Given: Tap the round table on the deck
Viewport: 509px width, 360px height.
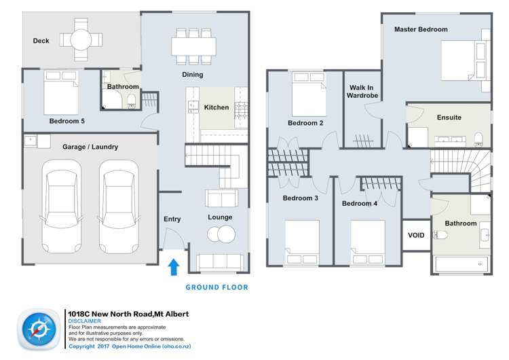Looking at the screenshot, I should (79, 40).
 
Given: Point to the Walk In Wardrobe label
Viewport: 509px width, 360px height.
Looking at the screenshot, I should (362, 92).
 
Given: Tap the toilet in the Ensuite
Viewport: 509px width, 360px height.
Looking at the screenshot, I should (478, 139).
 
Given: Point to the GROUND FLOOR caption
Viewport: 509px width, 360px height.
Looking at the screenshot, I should (216, 287).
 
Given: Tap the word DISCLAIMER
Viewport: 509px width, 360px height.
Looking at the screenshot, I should (87, 321).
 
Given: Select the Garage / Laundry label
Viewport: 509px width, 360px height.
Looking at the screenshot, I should (90, 147).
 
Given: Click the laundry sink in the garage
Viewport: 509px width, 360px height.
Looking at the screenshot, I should (31, 141).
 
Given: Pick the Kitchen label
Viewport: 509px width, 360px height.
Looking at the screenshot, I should (216, 107).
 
